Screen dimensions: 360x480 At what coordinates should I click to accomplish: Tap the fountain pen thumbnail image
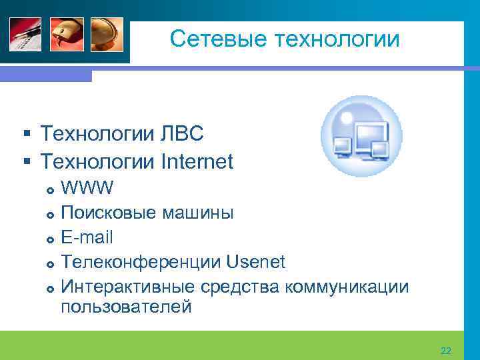[x=25, y=34]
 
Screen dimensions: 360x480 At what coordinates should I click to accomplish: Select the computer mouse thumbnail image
[x=66, y=34]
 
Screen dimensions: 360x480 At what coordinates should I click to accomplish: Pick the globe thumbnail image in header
[x=107, y=34]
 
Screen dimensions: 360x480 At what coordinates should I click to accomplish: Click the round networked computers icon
[x=361, y=136]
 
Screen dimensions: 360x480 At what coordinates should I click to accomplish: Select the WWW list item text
[x=87, y=187]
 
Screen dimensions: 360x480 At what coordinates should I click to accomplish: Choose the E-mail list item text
[x=87, y=237]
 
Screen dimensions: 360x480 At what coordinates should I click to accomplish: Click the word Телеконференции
[x=141, y=262]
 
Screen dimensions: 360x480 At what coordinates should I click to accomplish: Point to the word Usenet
[x=256, y=262]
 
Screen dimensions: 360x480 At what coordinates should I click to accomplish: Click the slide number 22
[x=446, y=351]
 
